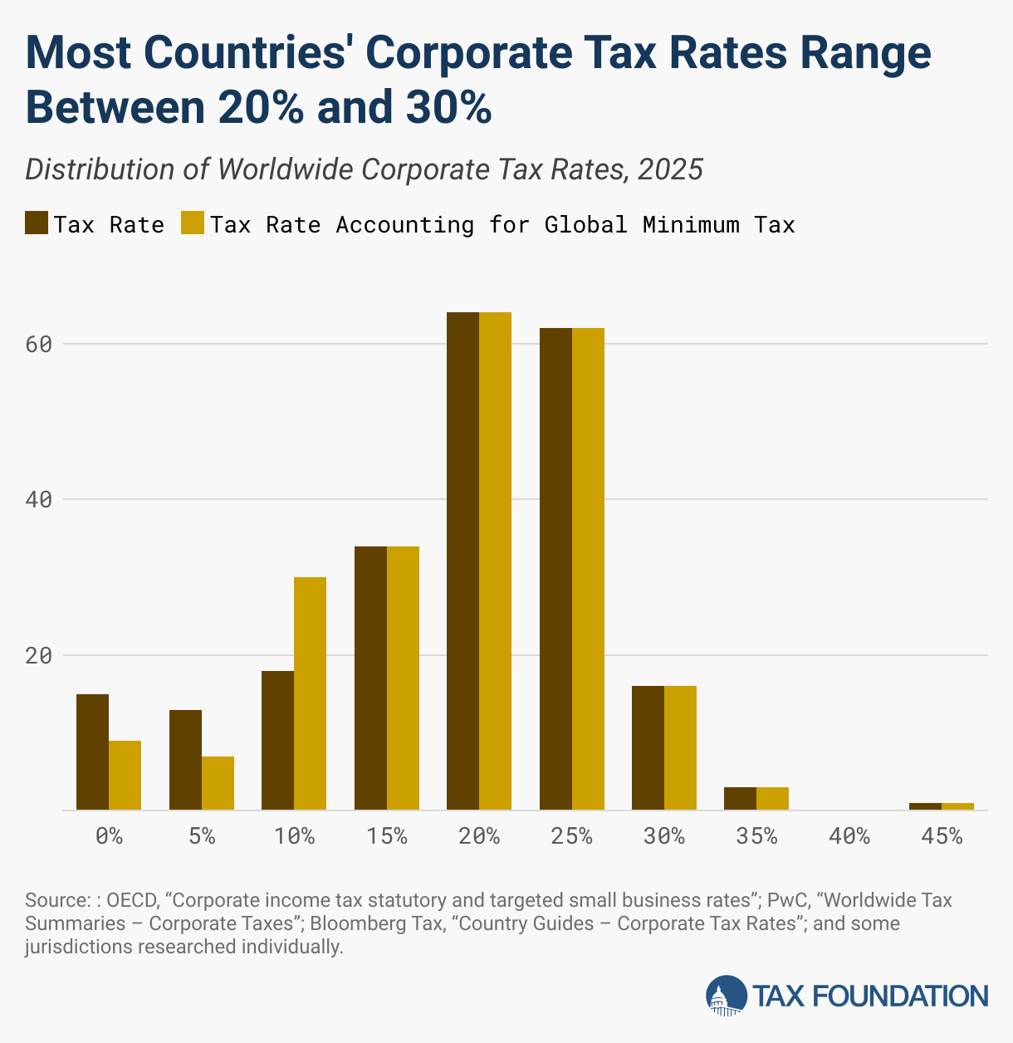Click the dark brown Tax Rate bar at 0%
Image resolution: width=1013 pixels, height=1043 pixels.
(x=92, y=752)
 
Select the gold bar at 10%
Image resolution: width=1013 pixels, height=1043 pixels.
(x=310, y=693)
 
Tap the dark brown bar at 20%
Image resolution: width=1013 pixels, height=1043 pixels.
(x=462, y=561)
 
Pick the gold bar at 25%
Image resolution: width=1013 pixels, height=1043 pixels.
(x=588, y=569)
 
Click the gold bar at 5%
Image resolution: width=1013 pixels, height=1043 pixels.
(x=218, y=783)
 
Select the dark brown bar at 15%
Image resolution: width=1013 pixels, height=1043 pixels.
(x=370, y=678)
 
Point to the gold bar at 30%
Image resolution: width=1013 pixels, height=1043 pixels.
(x=680, y=747)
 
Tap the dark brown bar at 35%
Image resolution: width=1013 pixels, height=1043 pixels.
(x=740, y=798)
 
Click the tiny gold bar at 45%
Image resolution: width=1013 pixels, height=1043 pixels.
(x=957, y=806)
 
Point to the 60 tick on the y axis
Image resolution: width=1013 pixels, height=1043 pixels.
(x=39, y=344)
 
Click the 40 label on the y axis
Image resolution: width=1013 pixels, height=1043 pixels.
(x=39, y=500)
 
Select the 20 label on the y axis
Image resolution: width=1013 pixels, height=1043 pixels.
(x=39, y=655)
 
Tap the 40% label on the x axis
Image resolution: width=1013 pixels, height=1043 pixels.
(x=849, y=836)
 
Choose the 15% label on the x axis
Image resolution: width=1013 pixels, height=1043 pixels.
(x=386, y=836)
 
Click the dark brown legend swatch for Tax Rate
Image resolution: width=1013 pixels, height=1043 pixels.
(x=37, y=224)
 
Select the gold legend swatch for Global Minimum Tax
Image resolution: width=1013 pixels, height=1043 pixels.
(x=193, y=224)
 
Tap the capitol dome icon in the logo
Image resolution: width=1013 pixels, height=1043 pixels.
(x=726, y=996)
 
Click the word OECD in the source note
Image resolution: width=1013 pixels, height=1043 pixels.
(x=132, y=900)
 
